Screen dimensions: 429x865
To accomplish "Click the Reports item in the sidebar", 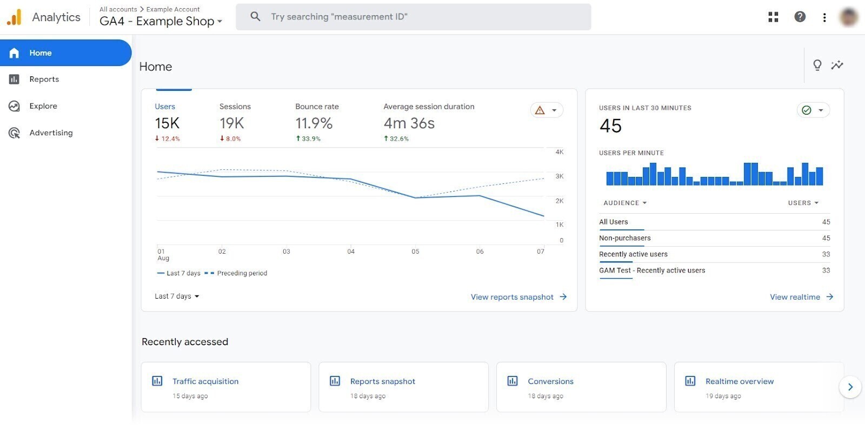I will click(44, 80).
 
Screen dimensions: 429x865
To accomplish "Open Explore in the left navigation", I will click(43, 106).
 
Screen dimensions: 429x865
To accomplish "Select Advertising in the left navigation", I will click(51, 133).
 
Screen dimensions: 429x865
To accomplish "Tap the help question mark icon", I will click(800, 17).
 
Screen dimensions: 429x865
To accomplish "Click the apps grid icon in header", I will click(773, 17).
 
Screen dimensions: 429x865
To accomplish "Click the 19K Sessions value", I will click(231, 123).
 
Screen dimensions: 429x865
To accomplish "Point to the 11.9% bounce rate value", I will click(314, 123).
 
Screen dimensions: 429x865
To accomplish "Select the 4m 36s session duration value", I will click(409, 123).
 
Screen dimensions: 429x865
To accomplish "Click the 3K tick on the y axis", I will click(559, 176).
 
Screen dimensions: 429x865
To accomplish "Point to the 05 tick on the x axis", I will click(415, 252).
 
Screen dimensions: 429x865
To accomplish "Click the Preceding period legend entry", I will click(242, 273).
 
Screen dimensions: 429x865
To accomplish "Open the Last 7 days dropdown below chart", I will click(177, 296).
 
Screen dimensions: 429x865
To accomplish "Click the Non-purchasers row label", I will click(624, 238).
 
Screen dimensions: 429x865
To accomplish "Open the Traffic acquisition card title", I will click(205, 381).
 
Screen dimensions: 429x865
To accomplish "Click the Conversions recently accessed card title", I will click(550, 381).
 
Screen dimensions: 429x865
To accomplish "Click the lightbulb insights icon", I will click(817, 65).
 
